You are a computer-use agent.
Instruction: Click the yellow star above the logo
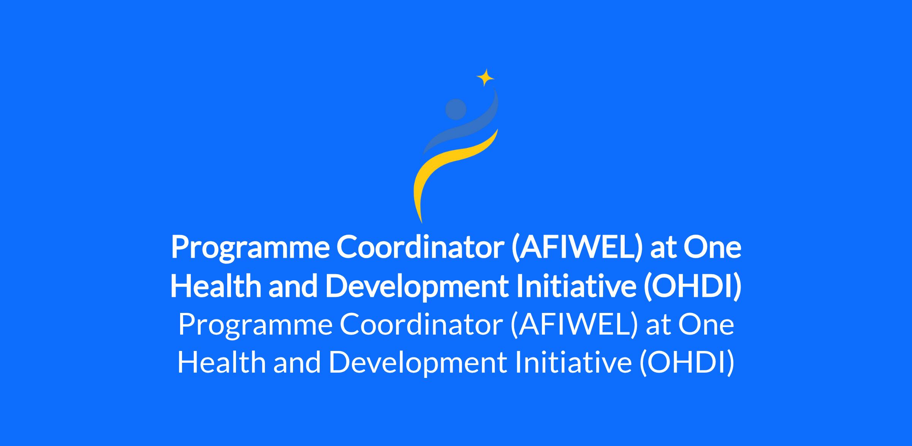(x=485, y=78)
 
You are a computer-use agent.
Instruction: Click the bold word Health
(x=216, y=286)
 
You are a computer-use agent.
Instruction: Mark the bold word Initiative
(x=576, y=286)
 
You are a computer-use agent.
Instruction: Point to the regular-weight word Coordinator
(x=421, y=325)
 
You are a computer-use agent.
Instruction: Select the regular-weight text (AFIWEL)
(x=574, y=325)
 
